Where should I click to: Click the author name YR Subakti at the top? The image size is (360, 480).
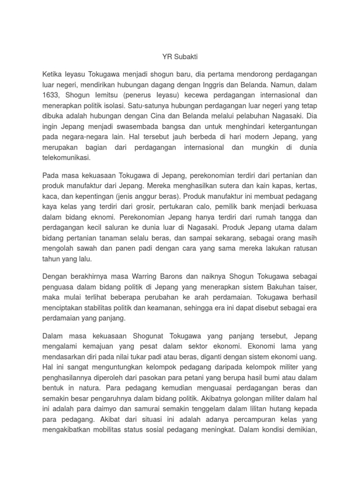(180, 57)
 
